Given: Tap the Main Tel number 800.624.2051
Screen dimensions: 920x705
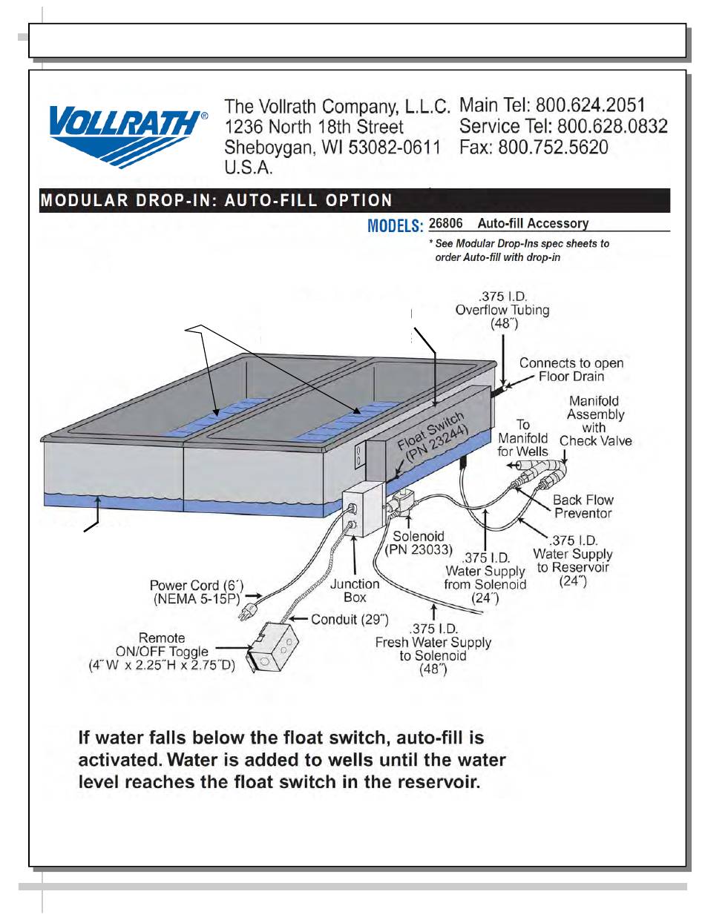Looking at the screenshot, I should pos(590,105).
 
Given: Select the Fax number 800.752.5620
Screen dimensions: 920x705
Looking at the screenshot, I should pos(553,148).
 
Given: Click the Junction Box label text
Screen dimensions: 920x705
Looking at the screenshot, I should pos(355,590).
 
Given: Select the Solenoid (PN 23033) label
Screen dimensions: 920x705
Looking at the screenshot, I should pos(418,543).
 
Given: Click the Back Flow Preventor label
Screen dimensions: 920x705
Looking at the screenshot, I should pos(583,506).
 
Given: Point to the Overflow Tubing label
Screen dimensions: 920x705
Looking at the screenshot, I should pos(502,310).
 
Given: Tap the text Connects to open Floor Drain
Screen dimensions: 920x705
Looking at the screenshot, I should pos(571,369).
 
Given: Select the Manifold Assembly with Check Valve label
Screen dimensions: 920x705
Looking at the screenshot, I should pos(595,421).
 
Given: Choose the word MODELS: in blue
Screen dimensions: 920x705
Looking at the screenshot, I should pos(396,225).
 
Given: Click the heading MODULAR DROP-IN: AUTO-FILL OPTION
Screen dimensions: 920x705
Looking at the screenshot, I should pos(216,200).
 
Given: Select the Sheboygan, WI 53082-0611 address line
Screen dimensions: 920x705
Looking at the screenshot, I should pos(332,148).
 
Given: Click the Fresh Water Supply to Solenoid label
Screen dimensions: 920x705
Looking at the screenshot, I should pos(433,649).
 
